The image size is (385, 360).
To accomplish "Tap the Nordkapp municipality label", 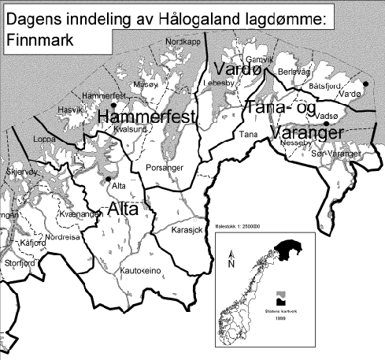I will click(178, 40).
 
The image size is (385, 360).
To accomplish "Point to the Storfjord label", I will click(18, 262).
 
